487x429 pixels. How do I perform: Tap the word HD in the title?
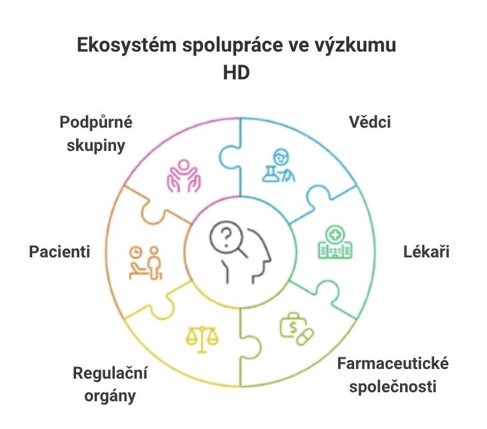236,74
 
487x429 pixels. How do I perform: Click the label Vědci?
370,122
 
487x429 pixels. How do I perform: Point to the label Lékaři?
426,252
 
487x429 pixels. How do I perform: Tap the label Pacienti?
59,252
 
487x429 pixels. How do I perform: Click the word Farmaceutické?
393,363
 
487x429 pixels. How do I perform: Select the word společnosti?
393,387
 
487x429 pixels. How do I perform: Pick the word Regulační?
110,373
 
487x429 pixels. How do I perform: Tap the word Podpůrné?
96,122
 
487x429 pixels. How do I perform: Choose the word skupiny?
96,145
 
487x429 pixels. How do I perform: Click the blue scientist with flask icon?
279,166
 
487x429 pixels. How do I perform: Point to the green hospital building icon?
335,242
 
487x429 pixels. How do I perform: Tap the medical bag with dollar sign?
292,326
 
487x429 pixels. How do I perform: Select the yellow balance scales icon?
202,339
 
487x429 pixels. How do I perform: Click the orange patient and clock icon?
146,263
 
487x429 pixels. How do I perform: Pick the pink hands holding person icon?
184,176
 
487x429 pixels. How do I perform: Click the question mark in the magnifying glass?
226,237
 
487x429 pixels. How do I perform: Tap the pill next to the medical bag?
305,336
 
